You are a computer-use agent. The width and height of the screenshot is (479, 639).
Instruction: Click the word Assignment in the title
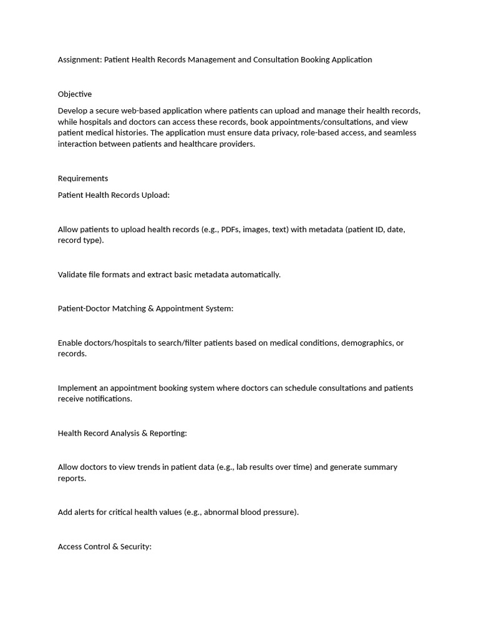click(79, 60)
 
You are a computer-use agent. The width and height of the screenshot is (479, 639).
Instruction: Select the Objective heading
click(75, 94)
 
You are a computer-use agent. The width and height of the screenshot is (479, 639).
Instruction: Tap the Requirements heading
click(83, 178)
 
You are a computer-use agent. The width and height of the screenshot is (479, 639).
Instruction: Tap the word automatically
click(256, 275)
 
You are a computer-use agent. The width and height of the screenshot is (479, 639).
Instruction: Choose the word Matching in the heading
click(128, 309)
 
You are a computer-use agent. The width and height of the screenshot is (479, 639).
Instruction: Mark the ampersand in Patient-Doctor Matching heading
click(151, 309)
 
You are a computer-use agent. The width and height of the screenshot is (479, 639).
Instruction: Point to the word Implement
click(78, 388)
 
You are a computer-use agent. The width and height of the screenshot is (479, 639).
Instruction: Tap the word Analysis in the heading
click(125, 433)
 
